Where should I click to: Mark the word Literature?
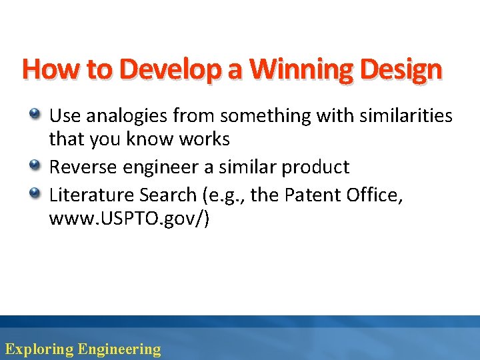click(x=91, y=195)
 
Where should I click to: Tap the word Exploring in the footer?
click(x=39, y=349)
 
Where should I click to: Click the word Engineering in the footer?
click(x=119, y=349)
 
